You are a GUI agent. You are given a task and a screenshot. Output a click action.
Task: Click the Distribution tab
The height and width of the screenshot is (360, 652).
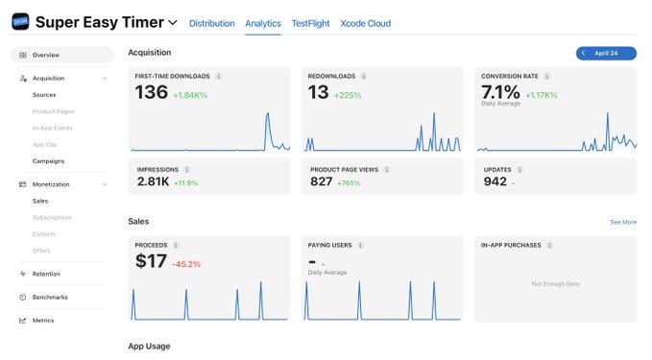[x=211, y=23]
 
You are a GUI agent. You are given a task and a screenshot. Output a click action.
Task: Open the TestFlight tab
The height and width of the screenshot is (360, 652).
[x=310, y=23]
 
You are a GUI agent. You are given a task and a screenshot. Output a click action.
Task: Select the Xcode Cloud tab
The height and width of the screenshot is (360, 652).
[x=366, y=23]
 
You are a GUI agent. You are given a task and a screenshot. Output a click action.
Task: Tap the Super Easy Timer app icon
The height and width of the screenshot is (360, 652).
[x=20, y=22]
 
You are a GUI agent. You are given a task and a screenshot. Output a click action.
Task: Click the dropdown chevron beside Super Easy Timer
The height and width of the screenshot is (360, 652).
[x=173, y=22]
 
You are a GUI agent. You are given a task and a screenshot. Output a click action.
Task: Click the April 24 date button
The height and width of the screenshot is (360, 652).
[x=606, y=53]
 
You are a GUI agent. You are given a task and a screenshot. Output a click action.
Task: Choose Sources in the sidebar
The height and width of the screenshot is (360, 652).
[x=44, y=95]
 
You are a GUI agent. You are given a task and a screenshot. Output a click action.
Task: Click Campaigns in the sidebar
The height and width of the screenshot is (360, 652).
[x=48, y=161]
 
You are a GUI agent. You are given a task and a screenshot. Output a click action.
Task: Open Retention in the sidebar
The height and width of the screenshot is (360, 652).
[x=46, y=274]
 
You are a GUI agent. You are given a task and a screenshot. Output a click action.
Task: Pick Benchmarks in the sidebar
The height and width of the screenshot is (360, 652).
[x=50, y=298]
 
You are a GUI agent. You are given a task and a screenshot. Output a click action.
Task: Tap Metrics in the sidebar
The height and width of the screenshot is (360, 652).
[x=43, y=321]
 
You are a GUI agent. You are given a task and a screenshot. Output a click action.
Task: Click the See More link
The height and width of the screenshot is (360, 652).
[x=623, y=223]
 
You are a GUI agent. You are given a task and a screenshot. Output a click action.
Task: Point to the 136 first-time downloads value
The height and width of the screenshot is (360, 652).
[x=152, y=92]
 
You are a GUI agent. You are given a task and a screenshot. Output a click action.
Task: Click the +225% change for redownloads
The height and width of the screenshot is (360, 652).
[x=348, y=95]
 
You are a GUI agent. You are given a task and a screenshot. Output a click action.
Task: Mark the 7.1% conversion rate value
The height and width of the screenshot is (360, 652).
[x=500, y=92]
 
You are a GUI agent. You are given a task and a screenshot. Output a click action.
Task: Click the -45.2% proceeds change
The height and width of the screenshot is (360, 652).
[x=186, y=264]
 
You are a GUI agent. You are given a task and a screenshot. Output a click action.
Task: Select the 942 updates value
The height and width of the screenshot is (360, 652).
[x=495, y=181]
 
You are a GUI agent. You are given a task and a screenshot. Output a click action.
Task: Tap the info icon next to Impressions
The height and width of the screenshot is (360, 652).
[x=186, y=170]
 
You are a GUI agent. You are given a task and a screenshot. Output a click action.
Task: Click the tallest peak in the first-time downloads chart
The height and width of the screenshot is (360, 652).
[x=268, y=113]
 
